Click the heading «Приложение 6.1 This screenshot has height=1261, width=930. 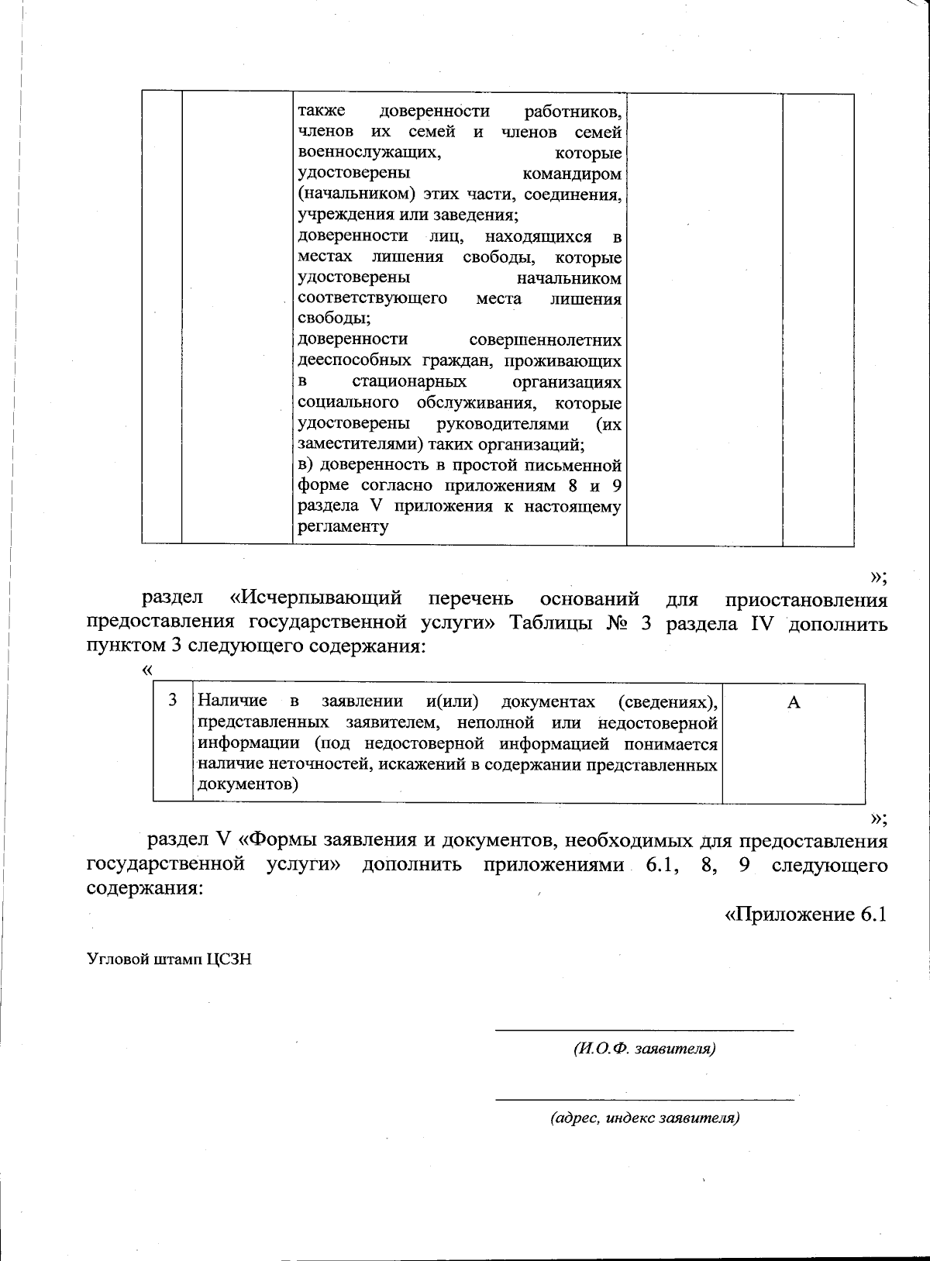804,915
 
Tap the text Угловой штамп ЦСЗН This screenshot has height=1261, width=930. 169,960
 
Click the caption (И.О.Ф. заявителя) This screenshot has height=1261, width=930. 644,1049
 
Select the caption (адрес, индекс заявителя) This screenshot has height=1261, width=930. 645,1118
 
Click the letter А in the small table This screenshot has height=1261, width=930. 793,702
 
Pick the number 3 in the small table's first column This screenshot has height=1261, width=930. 173,701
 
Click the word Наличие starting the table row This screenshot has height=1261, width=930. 232,701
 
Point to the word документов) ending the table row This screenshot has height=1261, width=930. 248,784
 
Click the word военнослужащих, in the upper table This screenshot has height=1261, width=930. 370,153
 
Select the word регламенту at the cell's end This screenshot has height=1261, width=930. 343,527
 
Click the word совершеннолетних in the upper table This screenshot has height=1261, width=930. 545,340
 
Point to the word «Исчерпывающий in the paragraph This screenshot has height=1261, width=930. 316,599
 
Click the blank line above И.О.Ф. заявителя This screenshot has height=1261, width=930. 644,1030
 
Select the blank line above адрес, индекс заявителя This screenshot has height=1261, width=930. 644,1099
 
